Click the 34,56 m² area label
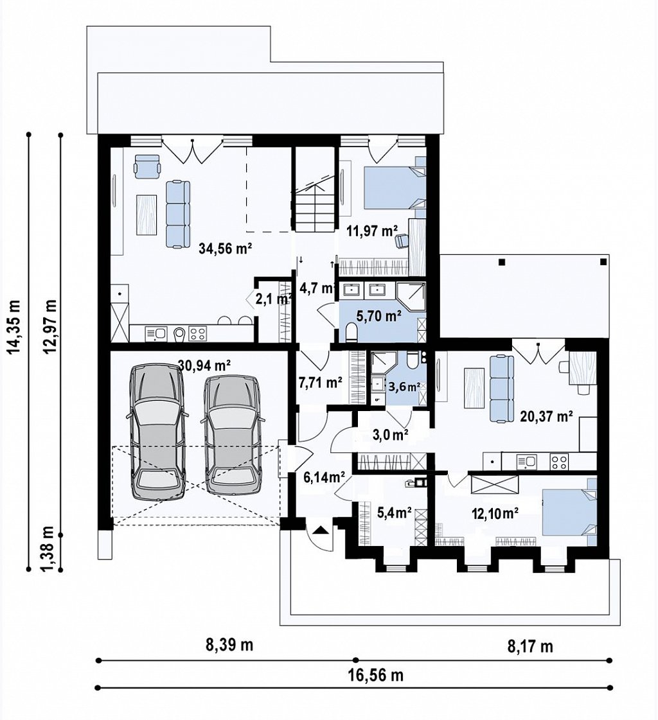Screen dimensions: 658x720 [225, 249]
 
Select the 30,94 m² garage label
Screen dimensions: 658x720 [204, 365]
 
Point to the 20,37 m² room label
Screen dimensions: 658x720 [546, 416]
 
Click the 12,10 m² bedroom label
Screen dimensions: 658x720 [495, 513]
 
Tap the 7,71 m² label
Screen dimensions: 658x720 [320, 382]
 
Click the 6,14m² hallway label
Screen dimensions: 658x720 [324, 478]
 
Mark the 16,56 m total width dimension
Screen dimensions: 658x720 [375, 676]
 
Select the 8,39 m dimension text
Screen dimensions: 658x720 [229, 645]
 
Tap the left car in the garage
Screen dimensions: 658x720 [157, 432]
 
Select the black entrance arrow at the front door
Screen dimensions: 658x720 [320, 531]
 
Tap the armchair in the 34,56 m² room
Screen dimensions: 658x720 [147, 166]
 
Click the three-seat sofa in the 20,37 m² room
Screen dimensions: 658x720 [501, 388]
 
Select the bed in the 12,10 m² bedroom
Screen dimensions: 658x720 [569, 513]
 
